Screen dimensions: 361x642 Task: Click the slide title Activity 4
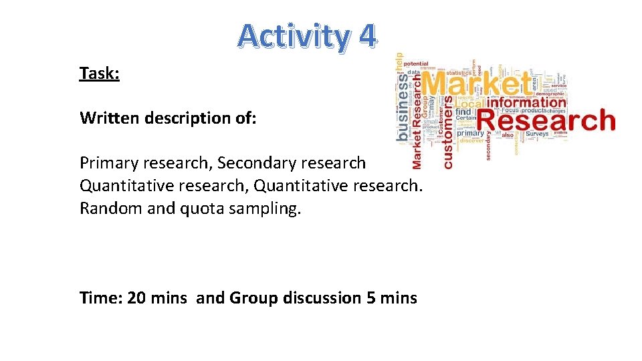click(307, 36)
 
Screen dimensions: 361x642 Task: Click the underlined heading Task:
click(99, 73)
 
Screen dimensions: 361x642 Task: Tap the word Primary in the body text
click(106, 163)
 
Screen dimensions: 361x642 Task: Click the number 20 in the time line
click(136, 297)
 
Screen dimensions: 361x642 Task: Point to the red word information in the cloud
click(526, 103)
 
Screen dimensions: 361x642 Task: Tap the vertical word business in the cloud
click(403, 107)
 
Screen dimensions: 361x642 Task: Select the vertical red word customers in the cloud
click(448, 131)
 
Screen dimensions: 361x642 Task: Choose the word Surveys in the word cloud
click(536, 134)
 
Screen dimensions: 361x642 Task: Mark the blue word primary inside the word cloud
click(470, 133)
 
